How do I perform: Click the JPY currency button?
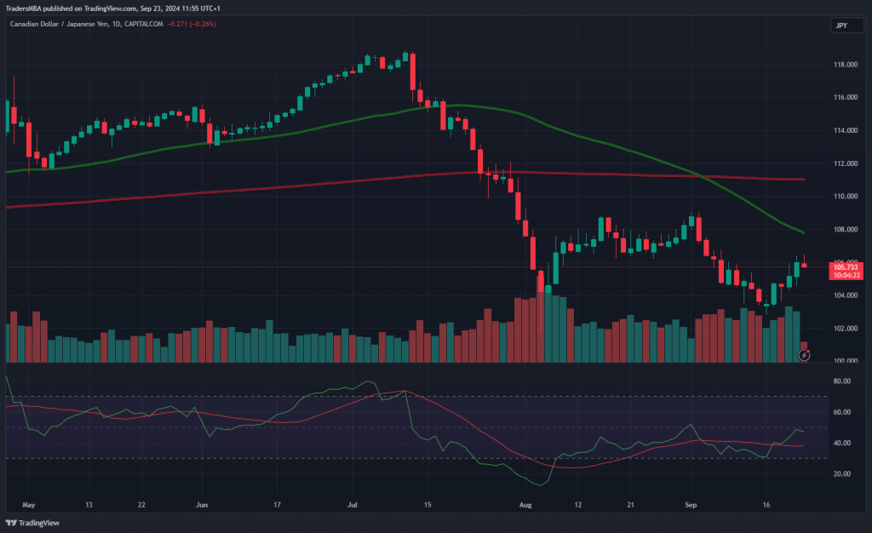coord(840,26)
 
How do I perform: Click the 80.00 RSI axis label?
coord(842,381)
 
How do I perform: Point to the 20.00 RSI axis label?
coord(842,473)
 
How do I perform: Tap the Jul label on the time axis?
coord(352,504)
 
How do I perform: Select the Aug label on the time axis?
coord(525,504)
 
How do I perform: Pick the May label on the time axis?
coord(28,504)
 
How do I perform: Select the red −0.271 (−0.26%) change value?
coord(192,25)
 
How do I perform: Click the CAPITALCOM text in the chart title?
coord(143,25)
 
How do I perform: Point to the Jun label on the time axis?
coord(201,504)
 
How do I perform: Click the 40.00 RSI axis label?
coord(842,443)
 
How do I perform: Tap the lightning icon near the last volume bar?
coord(804,353)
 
